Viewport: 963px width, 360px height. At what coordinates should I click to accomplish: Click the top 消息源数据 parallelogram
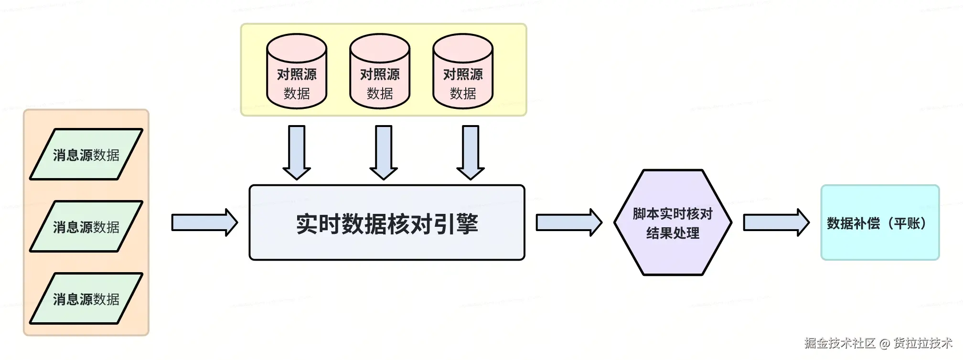click(x=86, y=154)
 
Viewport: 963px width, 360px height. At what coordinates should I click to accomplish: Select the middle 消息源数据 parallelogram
click(x=86, y=226)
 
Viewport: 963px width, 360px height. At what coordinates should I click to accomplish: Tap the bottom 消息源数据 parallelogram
click(x=86, y=298)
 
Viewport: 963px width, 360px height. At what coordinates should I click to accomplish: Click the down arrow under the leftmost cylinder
click(x=297, y=152)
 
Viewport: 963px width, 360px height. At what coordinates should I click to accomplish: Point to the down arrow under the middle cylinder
click(x=384, y=152)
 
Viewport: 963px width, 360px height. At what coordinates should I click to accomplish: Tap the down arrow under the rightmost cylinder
click(x=471, y=152)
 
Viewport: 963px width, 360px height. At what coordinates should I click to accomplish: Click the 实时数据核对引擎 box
click(x=387, y=223)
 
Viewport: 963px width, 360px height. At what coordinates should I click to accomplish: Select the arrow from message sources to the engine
click(x=204, y=222)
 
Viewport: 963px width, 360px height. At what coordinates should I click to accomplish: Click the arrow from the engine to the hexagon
click(x=568, y=222)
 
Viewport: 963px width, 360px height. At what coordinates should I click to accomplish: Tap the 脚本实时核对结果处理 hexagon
click(x=673, y=222)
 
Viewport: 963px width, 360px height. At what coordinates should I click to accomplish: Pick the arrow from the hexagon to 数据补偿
click(x=776, y=222)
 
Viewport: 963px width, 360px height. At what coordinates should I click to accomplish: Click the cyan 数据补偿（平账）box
click(x=880, y=223)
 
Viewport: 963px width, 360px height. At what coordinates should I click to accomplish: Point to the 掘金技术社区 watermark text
click(x=840, y=343)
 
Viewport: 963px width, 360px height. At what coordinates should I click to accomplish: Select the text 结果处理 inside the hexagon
click(x=673, y=233)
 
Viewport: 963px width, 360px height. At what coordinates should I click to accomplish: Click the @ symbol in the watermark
click(x=885, y=343)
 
